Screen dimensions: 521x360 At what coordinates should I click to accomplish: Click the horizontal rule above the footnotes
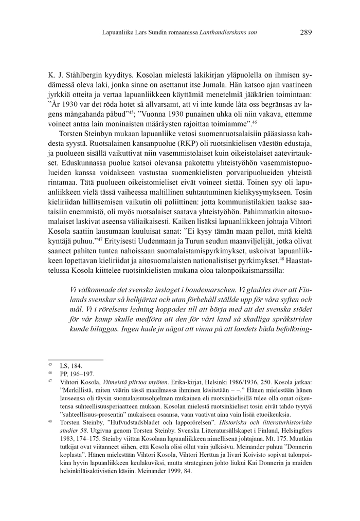click(x=76, y=360)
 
